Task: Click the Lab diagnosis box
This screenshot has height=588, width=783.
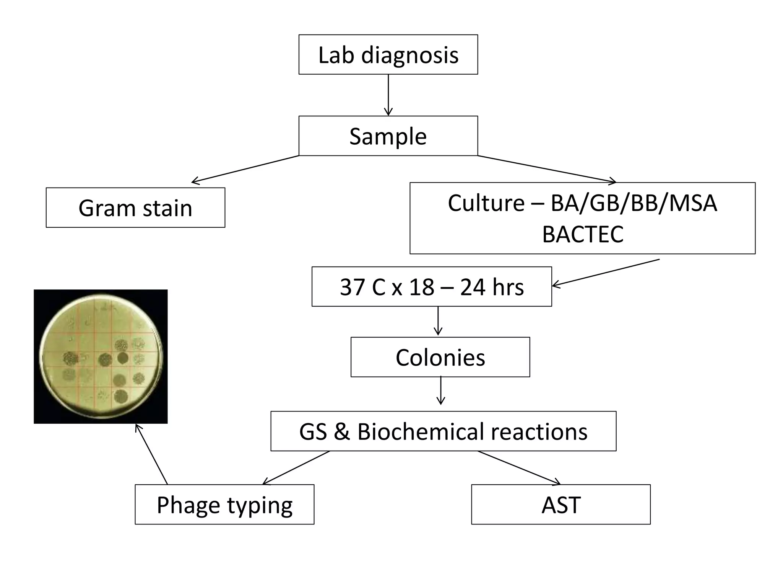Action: pos(388,55)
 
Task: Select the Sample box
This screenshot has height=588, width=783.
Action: pos(388,136)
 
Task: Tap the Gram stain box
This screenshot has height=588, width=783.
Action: pos(135,208)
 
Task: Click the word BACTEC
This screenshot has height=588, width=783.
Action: pos(582,234)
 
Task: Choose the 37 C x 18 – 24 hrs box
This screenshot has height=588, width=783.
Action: pos(432,287)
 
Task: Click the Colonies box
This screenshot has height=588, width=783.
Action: pos(440,357)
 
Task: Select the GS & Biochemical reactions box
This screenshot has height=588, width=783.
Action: pos(443,431)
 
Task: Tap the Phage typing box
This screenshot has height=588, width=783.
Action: pos(224,505)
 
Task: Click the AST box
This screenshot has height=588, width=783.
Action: pos(560,505)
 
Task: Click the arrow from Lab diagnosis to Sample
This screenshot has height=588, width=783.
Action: pos(388,95)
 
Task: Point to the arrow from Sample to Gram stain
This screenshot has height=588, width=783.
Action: pos(245,169)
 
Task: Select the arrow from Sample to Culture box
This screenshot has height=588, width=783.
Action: pos(547,169)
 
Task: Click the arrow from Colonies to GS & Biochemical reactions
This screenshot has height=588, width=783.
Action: pos(441,390)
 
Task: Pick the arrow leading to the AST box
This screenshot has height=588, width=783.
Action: pos(519,468)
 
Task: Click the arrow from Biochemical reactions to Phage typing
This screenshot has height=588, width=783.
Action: pos(296,468)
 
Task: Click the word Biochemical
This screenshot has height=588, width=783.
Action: pos(421,431)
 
